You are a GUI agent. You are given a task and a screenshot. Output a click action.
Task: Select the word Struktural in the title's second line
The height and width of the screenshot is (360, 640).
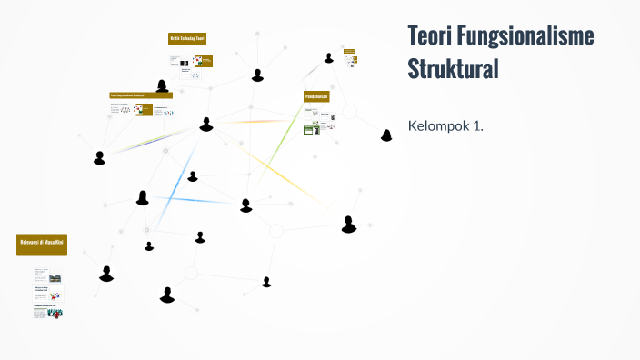pyautogui.click(x=454, y=69)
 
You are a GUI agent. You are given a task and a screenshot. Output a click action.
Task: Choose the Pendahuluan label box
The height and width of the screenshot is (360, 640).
pyautogui.click(x=315, y=95)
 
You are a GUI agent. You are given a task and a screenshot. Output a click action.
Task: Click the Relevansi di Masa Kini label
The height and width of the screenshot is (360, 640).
pyautogui.click(x=42, y=244)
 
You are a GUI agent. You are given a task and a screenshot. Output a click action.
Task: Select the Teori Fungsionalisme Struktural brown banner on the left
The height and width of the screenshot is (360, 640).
pyautogui.click(x=140, y=95)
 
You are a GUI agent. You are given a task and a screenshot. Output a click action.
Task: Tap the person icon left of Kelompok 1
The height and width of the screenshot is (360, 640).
pyautogui.click(x=386, y=135)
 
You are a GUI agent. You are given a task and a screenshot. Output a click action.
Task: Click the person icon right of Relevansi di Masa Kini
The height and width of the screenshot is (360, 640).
pyautogui.click(x=106, y=274)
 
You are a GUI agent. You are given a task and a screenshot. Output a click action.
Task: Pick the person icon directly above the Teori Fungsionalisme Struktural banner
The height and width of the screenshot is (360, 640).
pyautogui.click(x=162, y=87)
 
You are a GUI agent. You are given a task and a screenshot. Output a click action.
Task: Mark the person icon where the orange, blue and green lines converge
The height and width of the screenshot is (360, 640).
pyautogui.click(x=206, y=125)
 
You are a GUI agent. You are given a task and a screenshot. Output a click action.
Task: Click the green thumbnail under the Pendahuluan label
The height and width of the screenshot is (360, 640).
pyautogui.click(x=312, y=129)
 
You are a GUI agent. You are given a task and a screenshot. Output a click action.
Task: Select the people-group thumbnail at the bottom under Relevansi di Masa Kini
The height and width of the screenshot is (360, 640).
pyautogui.click(x=55, y=312)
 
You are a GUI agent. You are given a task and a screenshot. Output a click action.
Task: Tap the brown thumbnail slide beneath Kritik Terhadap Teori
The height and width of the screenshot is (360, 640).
pyautogui.click(x=205, y=61)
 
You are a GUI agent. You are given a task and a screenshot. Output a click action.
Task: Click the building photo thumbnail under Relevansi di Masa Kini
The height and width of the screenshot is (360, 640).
pyautogui.click(x=55, y=276)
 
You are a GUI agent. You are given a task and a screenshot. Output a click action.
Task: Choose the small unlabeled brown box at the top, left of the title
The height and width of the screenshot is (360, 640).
pyautogui.click(x=349, y=50)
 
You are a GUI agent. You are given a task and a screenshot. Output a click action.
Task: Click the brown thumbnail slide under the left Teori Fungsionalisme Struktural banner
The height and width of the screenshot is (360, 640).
pyautogui.click(x=144, y=110)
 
